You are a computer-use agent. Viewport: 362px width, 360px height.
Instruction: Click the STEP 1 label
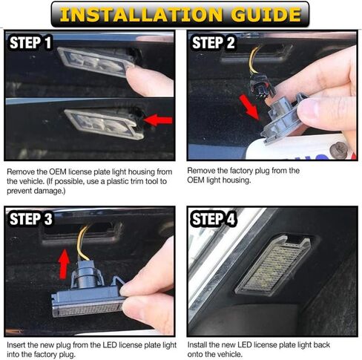(x=30, y=42)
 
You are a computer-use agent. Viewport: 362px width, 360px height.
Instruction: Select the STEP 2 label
(x=214, y=42)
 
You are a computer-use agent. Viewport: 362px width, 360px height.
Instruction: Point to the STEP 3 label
(x=31, y=219)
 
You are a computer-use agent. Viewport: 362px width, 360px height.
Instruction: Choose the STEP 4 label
(x=214, y=219)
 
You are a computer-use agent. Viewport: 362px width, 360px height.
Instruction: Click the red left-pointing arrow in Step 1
(x=158, y=120)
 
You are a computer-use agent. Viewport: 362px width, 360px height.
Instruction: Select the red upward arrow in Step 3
(x=64, y=264)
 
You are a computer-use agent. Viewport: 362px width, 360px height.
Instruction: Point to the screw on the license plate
(x=339, y=150)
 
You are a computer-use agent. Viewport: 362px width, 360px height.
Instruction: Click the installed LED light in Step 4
(x=273, y=266)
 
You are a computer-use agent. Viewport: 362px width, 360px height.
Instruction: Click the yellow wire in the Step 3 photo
(x=82, y=243)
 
